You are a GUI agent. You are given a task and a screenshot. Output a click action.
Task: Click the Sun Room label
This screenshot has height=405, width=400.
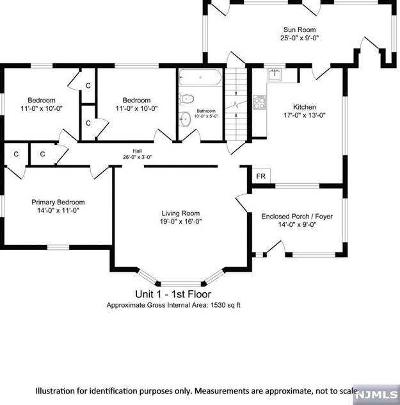click(300, 29)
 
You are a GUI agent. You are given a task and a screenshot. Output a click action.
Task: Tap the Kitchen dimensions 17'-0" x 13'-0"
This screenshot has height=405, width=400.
click(305, 115)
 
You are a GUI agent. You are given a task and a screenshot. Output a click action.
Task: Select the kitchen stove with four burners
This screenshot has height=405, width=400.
click(259, 102)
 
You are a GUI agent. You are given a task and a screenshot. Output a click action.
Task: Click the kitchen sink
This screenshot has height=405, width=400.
click(275, 74)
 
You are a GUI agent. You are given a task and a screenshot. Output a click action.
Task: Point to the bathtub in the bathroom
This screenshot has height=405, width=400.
click(200, 78)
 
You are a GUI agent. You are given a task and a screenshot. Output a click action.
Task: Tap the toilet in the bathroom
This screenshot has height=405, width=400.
click(186, 99)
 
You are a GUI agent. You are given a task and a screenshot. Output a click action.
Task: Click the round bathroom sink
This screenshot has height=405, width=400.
click(185, 119)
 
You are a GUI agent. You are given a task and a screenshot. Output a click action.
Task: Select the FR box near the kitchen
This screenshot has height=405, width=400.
click(261, 176)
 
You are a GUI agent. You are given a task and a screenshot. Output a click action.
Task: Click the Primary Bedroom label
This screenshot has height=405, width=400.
click(58, 202)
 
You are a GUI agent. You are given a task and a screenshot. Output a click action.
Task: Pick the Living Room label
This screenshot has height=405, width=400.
click(180, 213)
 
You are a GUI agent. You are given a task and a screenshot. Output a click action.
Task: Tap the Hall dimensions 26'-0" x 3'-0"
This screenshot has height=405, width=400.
click(137, 157)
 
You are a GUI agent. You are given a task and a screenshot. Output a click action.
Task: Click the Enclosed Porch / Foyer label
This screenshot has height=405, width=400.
click(297, 217)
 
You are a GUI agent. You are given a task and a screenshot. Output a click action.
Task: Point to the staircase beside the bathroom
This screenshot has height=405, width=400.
click(236, 104)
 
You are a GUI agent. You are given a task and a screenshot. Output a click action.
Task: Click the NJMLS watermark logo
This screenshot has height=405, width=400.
click(376, 395)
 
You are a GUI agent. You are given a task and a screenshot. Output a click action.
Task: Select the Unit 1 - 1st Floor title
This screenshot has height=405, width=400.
click(173, 294)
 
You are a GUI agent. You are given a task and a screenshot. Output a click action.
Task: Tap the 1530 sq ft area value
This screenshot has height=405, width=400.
click(225, 305)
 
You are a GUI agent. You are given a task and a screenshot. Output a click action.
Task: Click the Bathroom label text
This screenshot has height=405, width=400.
click(206, 111)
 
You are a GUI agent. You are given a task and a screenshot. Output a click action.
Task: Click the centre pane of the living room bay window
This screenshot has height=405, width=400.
click(180, 284)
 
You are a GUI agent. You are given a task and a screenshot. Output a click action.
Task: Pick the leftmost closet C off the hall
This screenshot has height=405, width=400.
click(16, 154)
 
